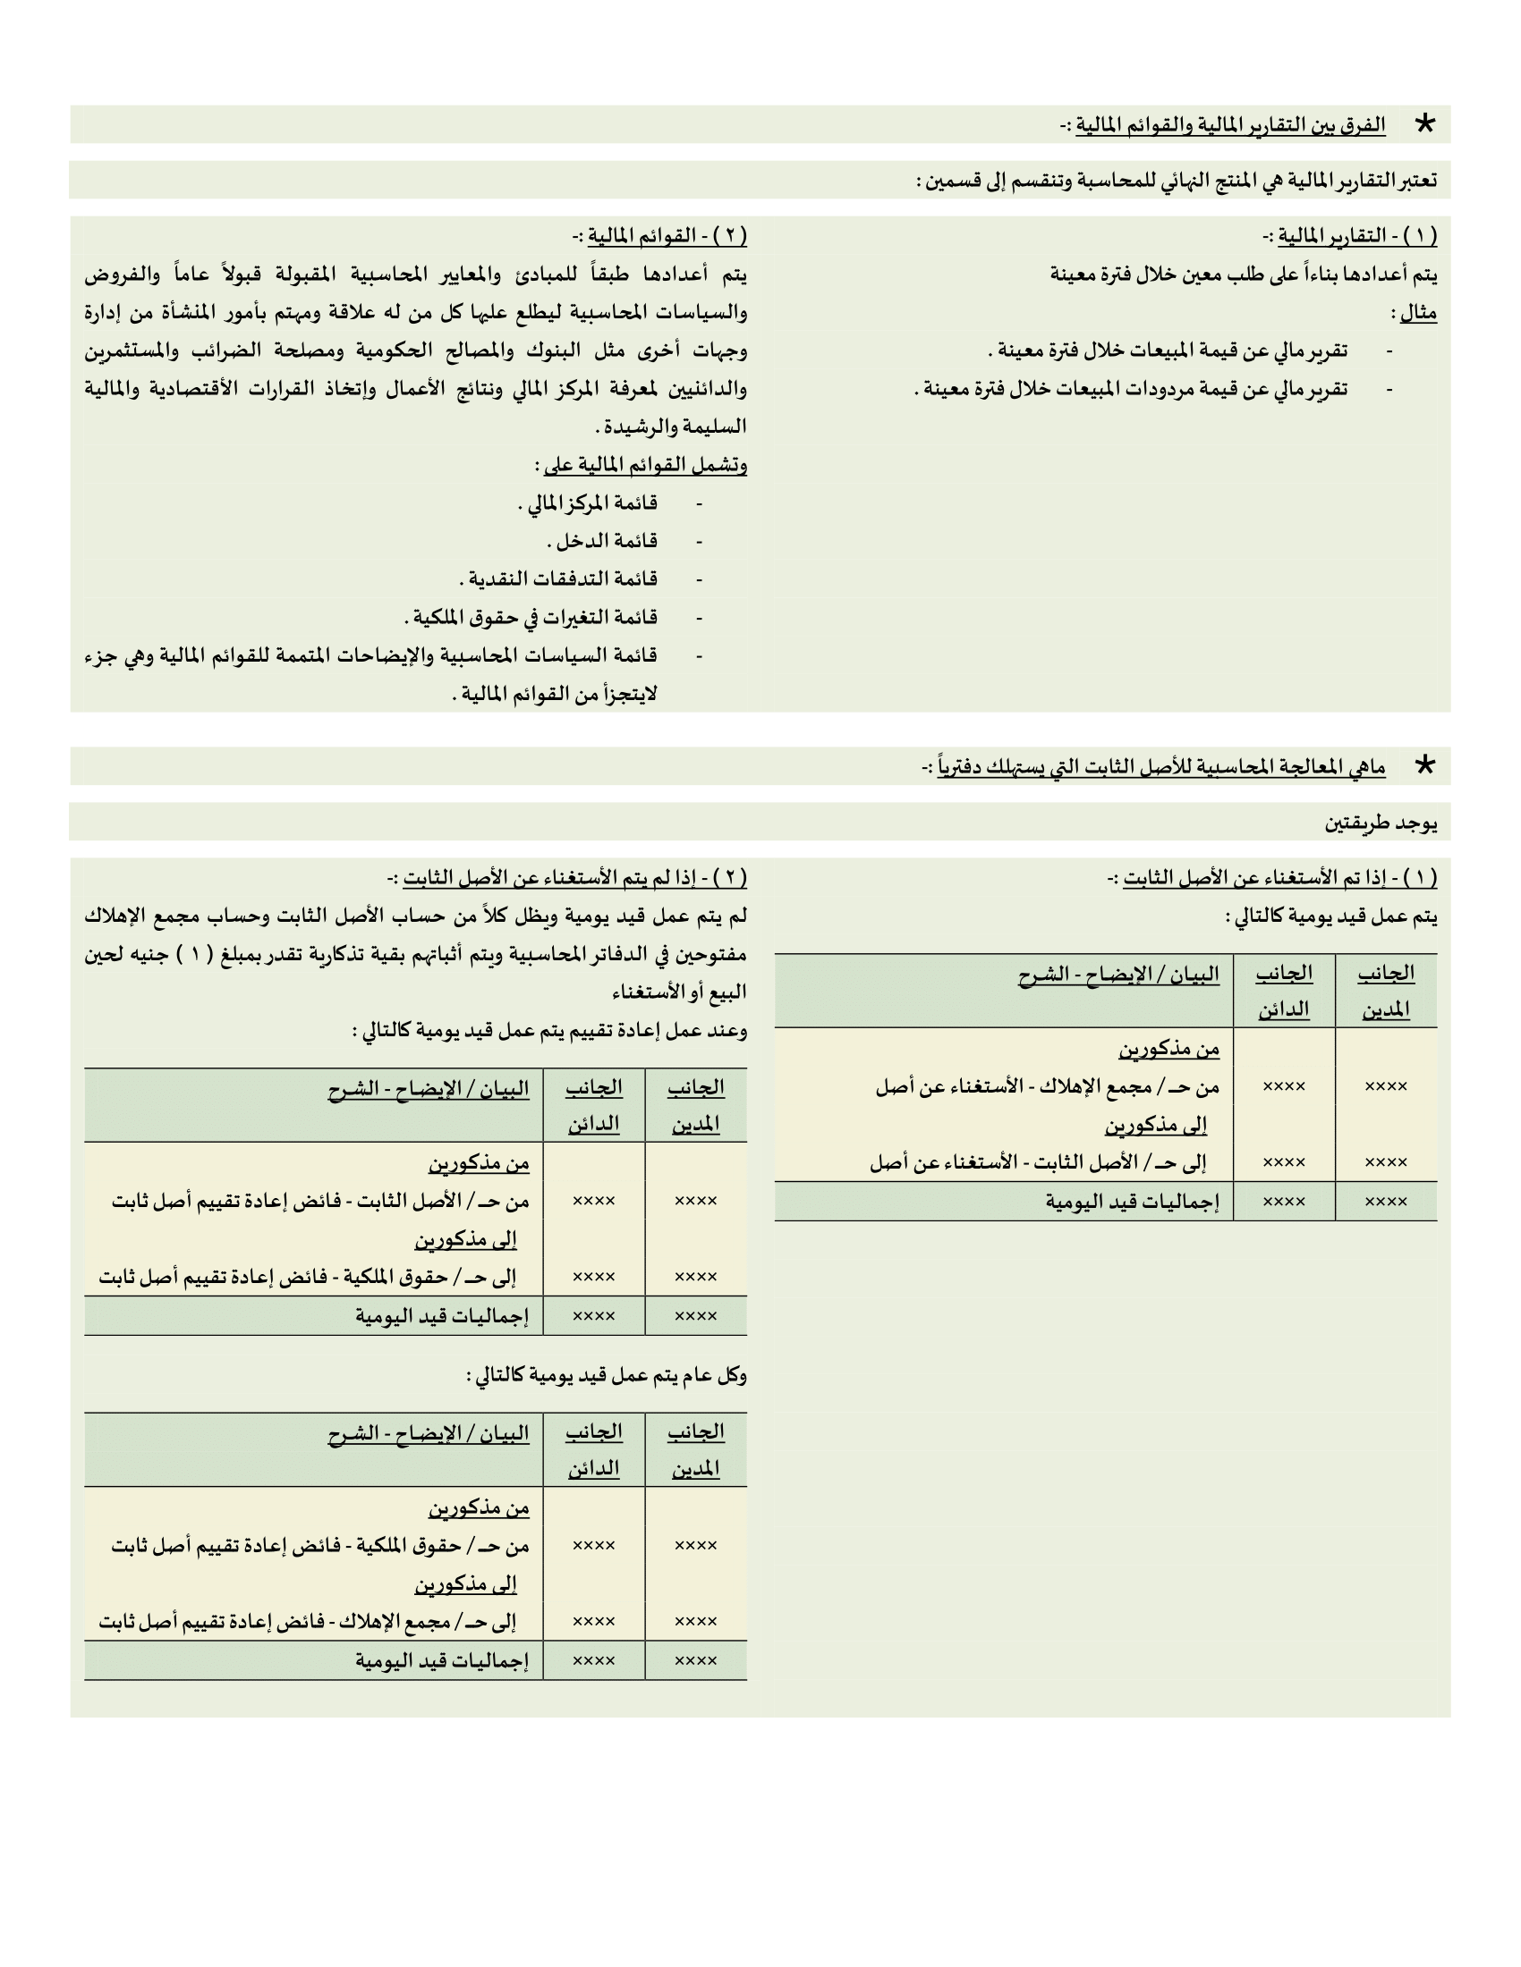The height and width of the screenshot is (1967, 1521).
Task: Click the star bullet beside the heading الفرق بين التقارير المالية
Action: (1423, 123)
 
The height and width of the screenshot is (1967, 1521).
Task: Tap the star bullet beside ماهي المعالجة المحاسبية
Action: (1423, 765)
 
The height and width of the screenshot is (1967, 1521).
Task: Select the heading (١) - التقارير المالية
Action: (1350, 236)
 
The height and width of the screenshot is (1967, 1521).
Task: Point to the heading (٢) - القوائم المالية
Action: (659, 236)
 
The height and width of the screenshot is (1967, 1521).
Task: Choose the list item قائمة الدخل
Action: (602, 540)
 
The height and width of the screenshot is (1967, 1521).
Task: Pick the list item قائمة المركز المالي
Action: (588, 502)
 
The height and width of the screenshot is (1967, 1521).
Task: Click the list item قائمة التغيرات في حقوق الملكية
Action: (531, 617)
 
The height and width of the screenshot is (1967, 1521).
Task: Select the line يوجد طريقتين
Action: (1381, 823)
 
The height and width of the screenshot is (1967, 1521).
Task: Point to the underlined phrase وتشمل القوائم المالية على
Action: (641, 465)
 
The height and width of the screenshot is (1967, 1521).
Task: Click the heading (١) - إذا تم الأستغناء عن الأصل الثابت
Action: (1272, 877)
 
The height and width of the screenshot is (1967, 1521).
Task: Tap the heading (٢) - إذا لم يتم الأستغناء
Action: (567, 877)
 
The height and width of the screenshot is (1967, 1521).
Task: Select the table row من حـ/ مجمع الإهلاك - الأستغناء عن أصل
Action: (1047, 1087)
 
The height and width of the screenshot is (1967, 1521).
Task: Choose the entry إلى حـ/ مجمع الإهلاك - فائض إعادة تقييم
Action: (307, 1622)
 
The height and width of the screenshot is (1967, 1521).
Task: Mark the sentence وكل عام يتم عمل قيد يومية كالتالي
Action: (607, 1375)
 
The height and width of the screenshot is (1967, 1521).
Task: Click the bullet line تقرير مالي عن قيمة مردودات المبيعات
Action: (1132, 388)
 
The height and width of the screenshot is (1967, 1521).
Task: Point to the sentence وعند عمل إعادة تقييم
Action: (549, 1030)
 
